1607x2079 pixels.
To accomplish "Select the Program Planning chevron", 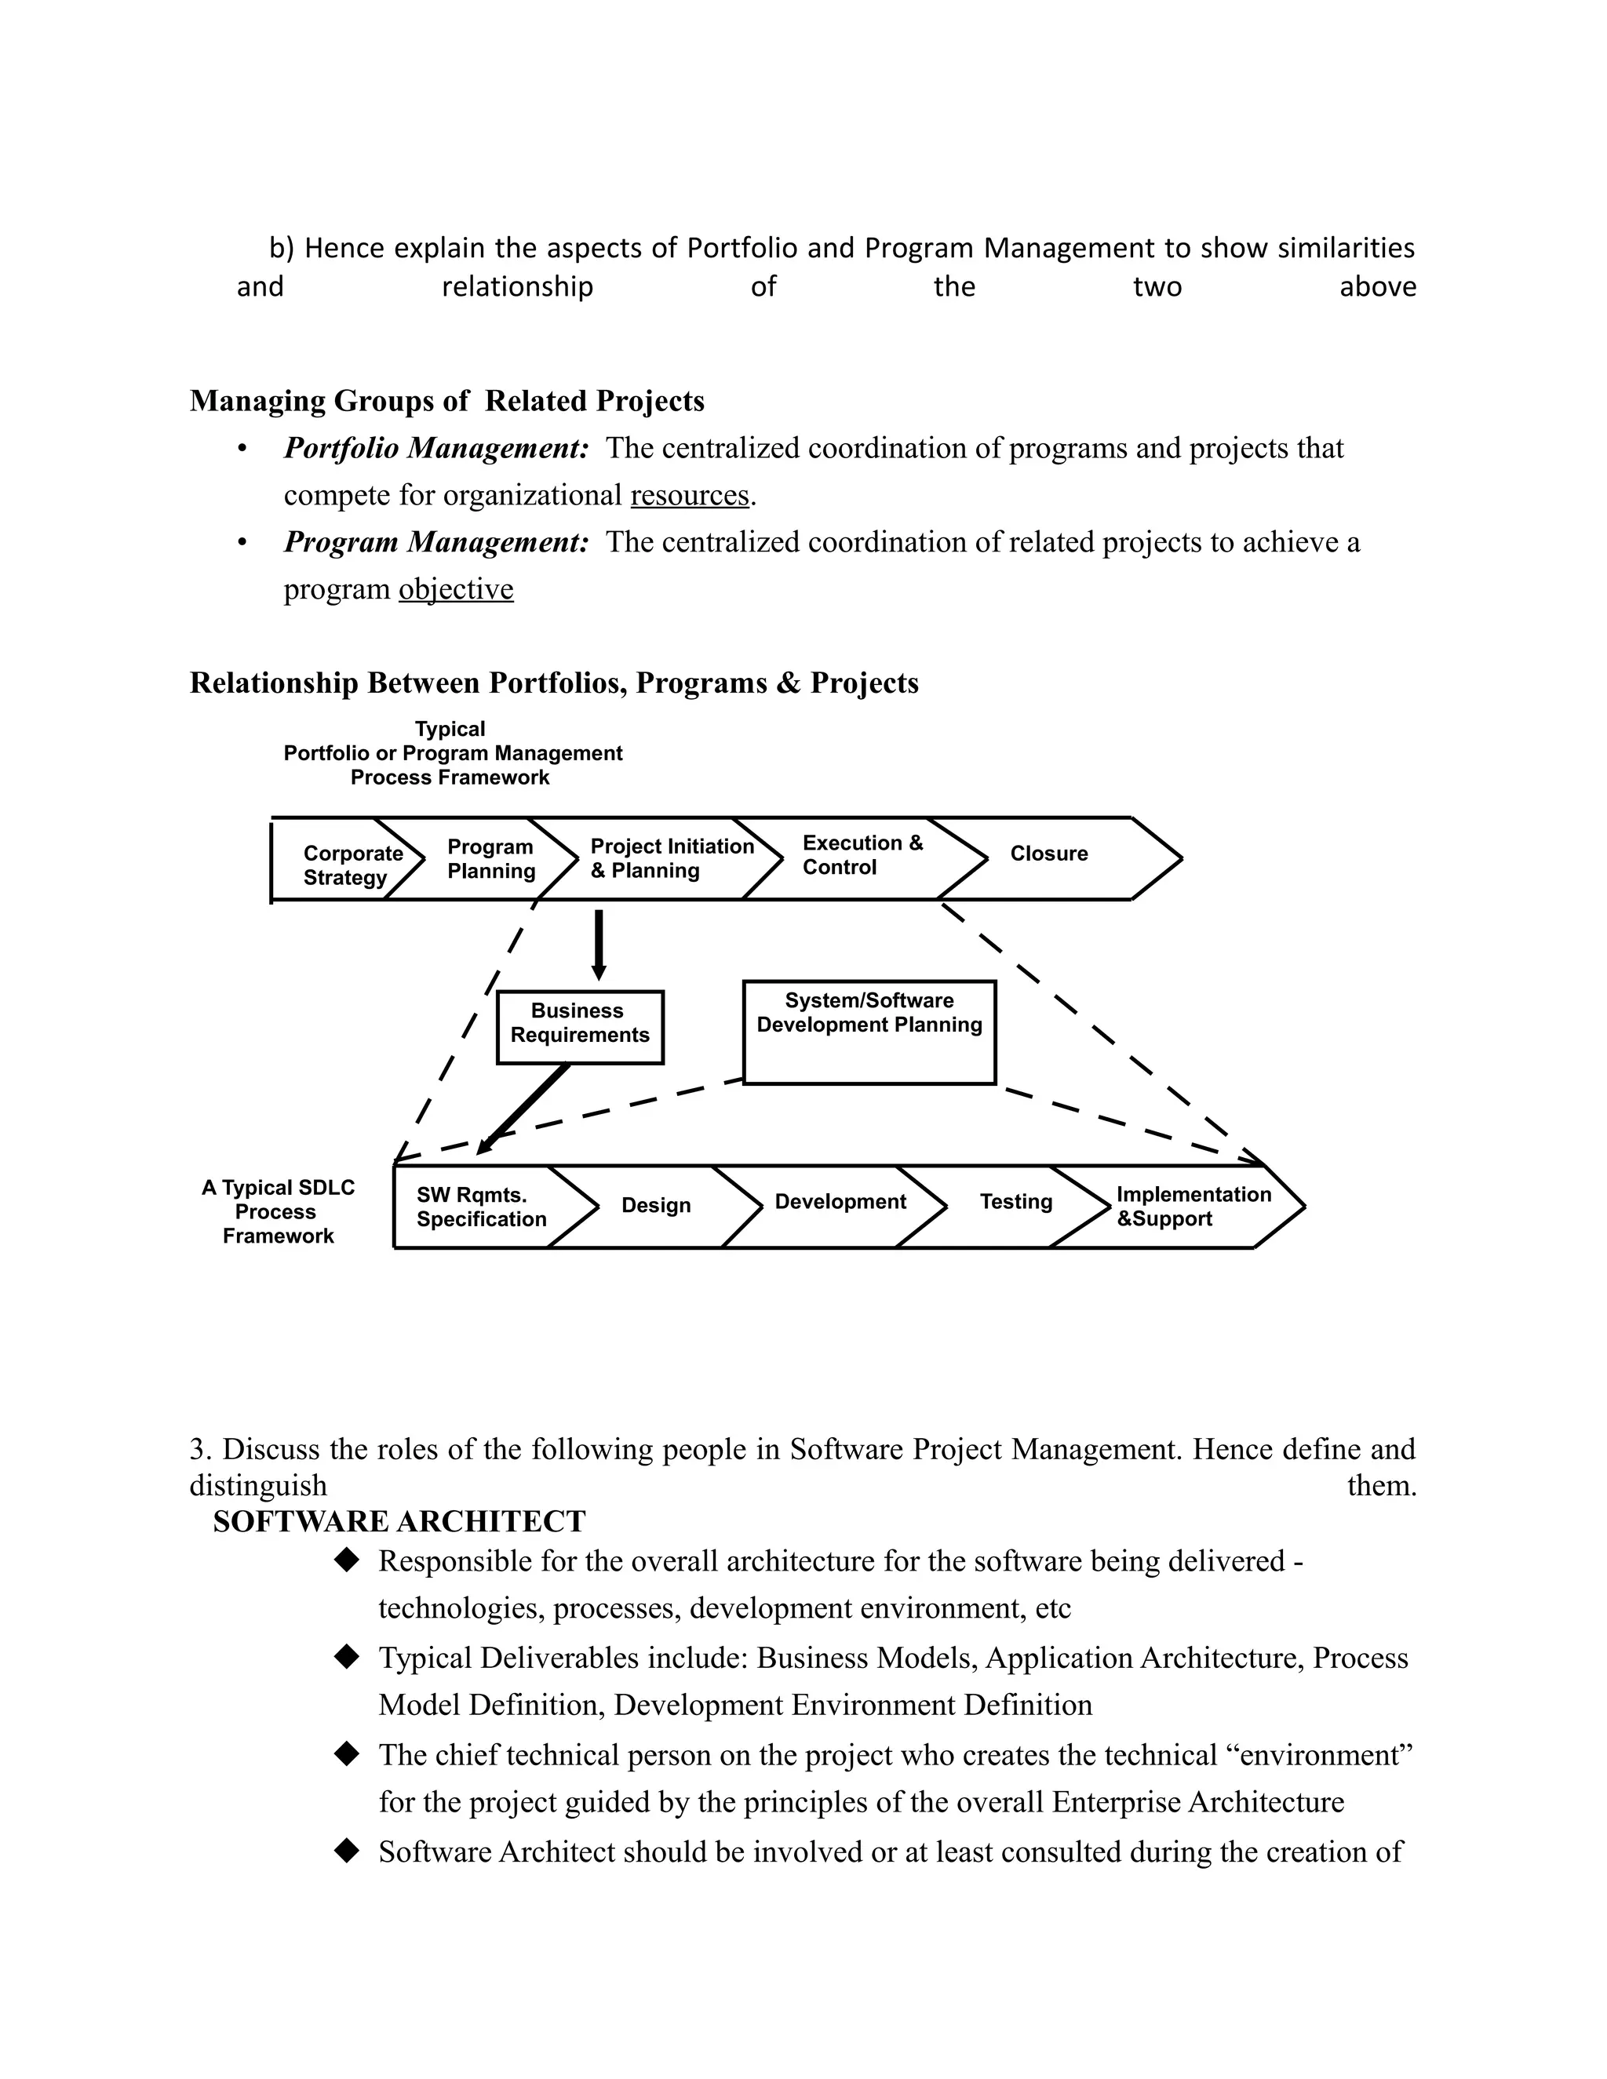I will (491, 858).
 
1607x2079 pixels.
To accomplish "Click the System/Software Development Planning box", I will (869, 1031).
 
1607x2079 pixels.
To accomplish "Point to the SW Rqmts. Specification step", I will (481, 1207).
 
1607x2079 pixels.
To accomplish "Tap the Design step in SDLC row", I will (656, 1205).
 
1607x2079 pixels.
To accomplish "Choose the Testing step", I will (1016, 1202).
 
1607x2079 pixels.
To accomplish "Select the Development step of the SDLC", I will (840, 1202).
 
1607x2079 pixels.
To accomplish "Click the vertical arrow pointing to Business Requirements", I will (599, 943).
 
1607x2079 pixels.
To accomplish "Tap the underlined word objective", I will (455, 589).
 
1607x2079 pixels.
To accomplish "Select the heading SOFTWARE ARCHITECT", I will (399, 1521).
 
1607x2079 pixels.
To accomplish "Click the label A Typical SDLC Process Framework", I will (277, 1212).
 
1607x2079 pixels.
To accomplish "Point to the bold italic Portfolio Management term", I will (436, 448).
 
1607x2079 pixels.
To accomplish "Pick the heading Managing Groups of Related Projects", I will (446, 401).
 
